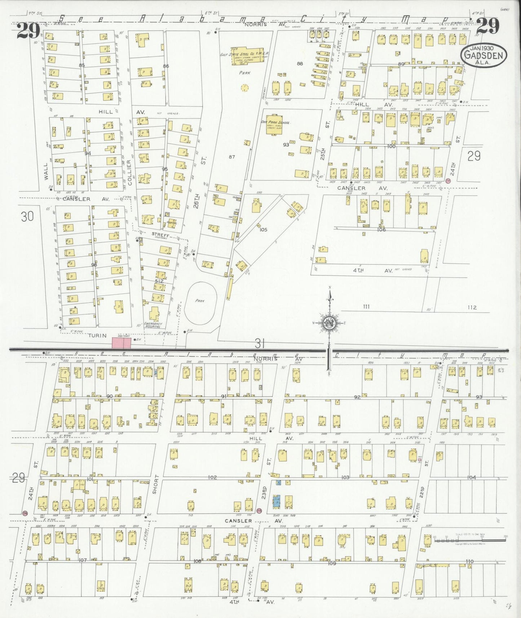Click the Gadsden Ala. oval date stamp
click(484, 55)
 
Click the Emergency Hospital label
click(152, 325)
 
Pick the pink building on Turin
click(121, 343)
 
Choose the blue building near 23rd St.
click(277, 501)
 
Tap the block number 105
click(263, 229)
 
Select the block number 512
click(159, 281)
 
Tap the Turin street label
click(98, 335)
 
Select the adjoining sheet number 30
click(27, 216)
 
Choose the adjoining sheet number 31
click(260, 343)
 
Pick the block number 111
click(366, 306)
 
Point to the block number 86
click(166, 66)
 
